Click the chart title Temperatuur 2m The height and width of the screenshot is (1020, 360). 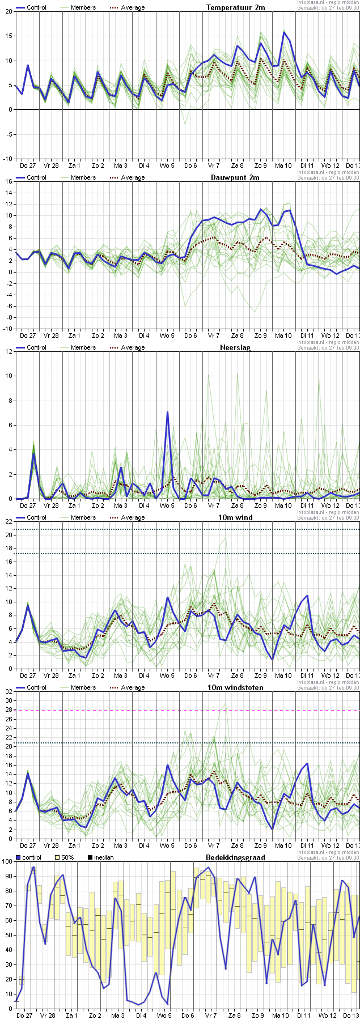(x=235, y=7)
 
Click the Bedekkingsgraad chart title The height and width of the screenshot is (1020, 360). (x=235, y=857)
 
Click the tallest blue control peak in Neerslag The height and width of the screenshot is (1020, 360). (x=167, y=412)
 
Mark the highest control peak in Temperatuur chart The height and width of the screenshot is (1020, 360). (x=284, y=32)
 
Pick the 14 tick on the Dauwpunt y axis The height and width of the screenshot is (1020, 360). (x=8, y=193)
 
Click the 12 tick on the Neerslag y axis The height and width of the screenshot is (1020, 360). (x=8, y=351)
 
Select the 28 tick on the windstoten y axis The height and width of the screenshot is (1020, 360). (x=8, y=710)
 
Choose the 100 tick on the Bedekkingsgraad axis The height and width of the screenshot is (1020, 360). (x=7, y=861)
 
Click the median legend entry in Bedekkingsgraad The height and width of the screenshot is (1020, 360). (x=101, y=857)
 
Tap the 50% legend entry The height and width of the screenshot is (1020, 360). (x=64, y=857)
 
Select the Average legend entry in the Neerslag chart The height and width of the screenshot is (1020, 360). (x=126, y=347)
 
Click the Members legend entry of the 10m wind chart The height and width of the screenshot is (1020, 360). (x=78, y=517)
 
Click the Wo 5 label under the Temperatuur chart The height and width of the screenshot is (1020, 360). (x=167, y=165)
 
